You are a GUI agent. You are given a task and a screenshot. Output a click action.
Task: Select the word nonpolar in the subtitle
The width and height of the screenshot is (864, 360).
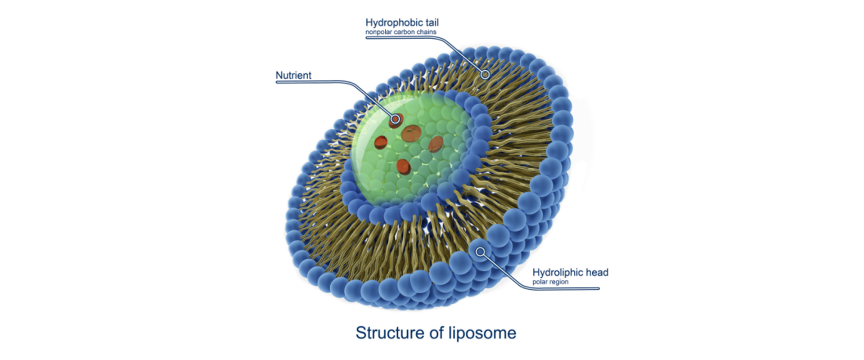coord(378,32)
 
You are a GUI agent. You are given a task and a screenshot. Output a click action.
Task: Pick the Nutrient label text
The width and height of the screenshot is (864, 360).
coord(293,75)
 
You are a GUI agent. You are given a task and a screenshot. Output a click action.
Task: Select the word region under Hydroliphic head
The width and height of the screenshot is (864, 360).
coord(558,282)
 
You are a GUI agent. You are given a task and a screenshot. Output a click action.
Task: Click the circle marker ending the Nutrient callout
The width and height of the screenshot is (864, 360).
coord(395,119)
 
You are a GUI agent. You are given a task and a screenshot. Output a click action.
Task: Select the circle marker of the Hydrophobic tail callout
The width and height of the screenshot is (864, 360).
coord(485,74)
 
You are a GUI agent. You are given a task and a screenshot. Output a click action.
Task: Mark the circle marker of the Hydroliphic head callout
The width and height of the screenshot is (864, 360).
coord(481,252)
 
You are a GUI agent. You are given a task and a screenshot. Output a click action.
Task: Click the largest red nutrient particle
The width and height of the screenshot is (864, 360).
coord(411,133)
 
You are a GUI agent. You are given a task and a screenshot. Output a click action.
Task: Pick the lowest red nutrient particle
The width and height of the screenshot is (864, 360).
coord(403,166)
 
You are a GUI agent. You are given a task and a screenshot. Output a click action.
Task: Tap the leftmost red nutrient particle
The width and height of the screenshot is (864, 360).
coord(381,142)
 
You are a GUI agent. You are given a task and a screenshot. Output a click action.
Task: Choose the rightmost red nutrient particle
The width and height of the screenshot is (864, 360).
coord(436,144)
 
